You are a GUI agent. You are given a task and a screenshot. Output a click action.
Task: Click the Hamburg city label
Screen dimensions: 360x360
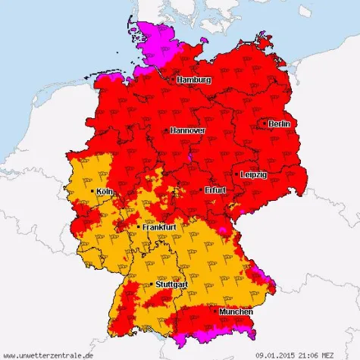[x=195, y=80]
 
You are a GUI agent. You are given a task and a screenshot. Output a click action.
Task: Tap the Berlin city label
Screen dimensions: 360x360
[x=279, y=124]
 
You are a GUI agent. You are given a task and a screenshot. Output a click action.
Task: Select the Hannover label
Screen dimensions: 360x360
[x=188, y=130]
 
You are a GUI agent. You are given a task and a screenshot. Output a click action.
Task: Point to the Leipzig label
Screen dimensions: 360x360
[x=253, y=174]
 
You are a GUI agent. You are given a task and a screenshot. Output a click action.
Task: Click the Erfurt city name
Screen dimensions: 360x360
[x=215, y=190]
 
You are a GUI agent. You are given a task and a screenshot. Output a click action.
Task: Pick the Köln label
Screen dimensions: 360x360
[x=105, y=192]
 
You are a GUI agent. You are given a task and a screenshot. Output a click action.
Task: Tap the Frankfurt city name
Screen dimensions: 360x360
[x=159, y=227]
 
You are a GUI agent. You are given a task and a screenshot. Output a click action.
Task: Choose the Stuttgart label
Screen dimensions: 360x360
[x=171, y=284]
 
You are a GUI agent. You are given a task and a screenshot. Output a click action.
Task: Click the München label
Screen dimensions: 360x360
[x=236, y=311]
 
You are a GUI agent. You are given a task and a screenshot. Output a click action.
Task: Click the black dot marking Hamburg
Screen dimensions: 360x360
[x=174, y=79]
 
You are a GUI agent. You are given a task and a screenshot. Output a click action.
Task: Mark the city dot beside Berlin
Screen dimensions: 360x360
[x=264, y=123]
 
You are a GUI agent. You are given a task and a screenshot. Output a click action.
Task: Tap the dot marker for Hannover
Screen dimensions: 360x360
[x=167, y=130]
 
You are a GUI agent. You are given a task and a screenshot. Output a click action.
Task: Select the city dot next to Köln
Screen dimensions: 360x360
[x=92, y=192]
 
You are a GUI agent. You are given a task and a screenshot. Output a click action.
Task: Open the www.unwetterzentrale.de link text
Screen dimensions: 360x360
[x=49, y=354]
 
